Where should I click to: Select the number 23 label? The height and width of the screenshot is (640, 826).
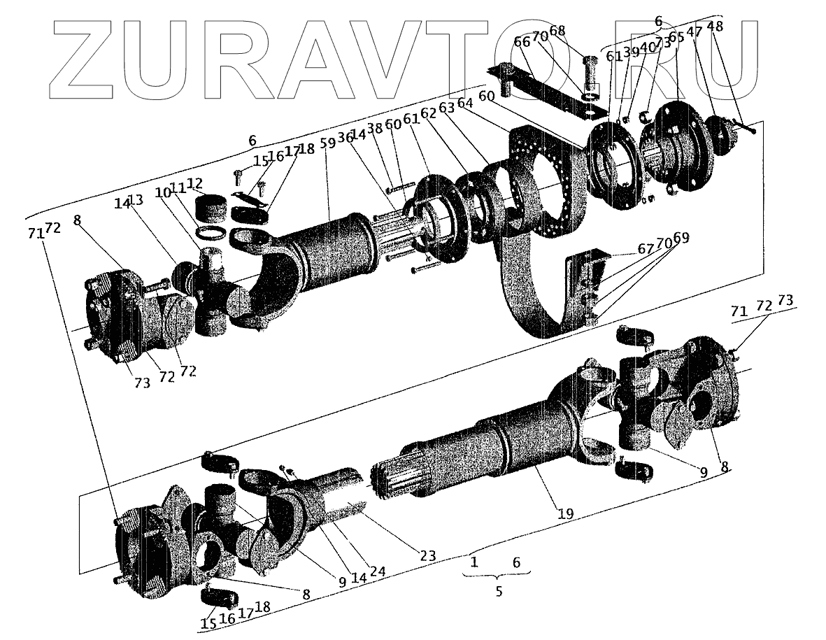tap(428, 556)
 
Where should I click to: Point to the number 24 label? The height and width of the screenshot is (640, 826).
tap(378, 571)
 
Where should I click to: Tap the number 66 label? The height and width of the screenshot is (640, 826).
tap(522, 42)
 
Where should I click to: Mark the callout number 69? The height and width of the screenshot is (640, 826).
tap(681, 238)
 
